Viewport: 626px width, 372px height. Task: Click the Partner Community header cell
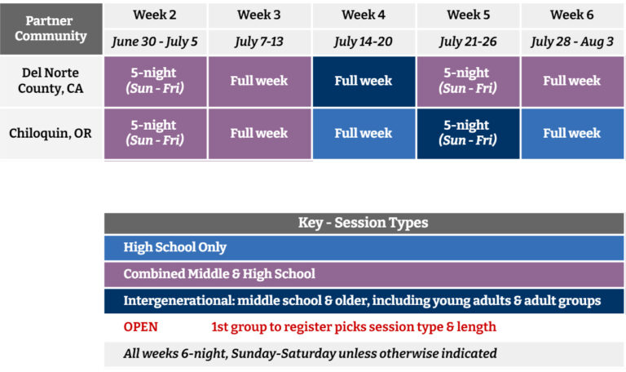coord(51,29)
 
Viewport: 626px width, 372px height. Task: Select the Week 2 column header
coord(156,15)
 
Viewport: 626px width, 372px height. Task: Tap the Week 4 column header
coord(364,15)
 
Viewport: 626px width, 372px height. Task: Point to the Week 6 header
coord(572,15)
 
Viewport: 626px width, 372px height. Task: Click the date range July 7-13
coord(259,42)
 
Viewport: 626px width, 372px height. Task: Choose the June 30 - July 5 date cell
coord(156,42)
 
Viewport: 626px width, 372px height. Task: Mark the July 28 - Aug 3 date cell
coord(572,42)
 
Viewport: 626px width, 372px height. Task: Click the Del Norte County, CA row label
coord(51,81)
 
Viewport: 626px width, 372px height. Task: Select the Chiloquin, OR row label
coord(51,133)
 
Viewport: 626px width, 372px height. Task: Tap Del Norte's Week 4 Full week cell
coord(364,82)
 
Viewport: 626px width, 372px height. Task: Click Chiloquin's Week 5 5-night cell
coord(468,134)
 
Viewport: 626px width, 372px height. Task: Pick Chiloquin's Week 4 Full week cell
coord(364,134)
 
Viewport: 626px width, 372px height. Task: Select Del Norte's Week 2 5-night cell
coord(156,82)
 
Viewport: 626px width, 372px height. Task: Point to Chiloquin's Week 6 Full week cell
coord(572,134)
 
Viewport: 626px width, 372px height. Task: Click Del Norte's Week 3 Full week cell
coord(259,82)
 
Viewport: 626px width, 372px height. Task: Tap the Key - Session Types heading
coord(364,223)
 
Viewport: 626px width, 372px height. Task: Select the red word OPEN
coord(140,327)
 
